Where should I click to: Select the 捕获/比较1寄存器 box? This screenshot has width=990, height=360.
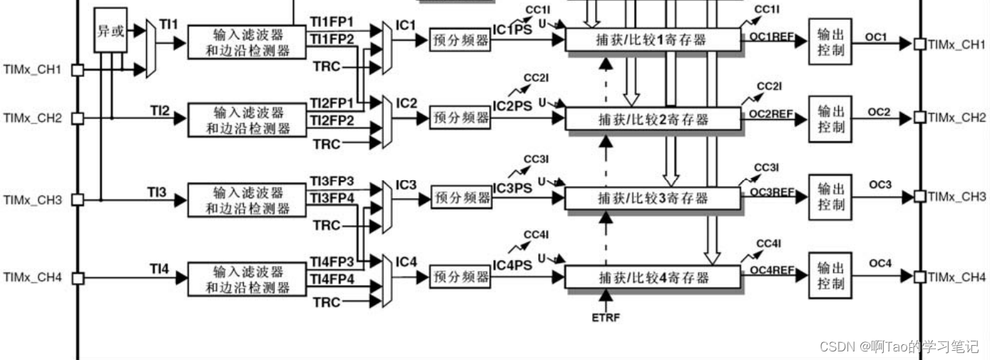(652, 40)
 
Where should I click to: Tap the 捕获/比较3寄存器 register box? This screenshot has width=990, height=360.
(652, 197)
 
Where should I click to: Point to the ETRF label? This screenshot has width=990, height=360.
(606, 317)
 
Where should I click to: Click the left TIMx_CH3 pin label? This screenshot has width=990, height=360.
(32, 200)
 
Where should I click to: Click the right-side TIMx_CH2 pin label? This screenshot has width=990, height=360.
(957, 117)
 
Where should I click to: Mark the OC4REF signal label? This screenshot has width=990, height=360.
(772, 269)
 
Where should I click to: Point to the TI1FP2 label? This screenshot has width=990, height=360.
(332, 38)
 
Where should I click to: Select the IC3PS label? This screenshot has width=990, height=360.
(513, 187)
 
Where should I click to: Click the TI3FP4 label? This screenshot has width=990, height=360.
(332, 197)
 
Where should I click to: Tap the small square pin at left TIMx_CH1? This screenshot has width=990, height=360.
(78, 70)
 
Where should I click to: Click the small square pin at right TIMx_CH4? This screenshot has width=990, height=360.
(919, 277)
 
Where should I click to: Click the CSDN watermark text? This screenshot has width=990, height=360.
(899, 346)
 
